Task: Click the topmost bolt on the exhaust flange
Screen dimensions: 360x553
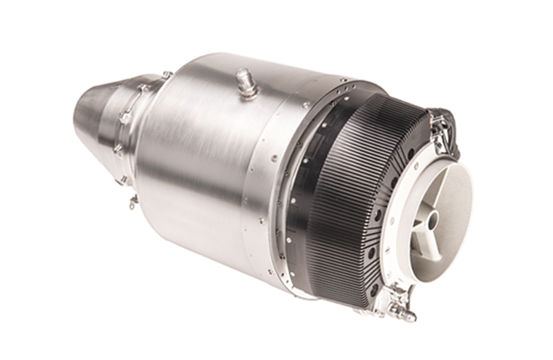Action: [x=166, y=74]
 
